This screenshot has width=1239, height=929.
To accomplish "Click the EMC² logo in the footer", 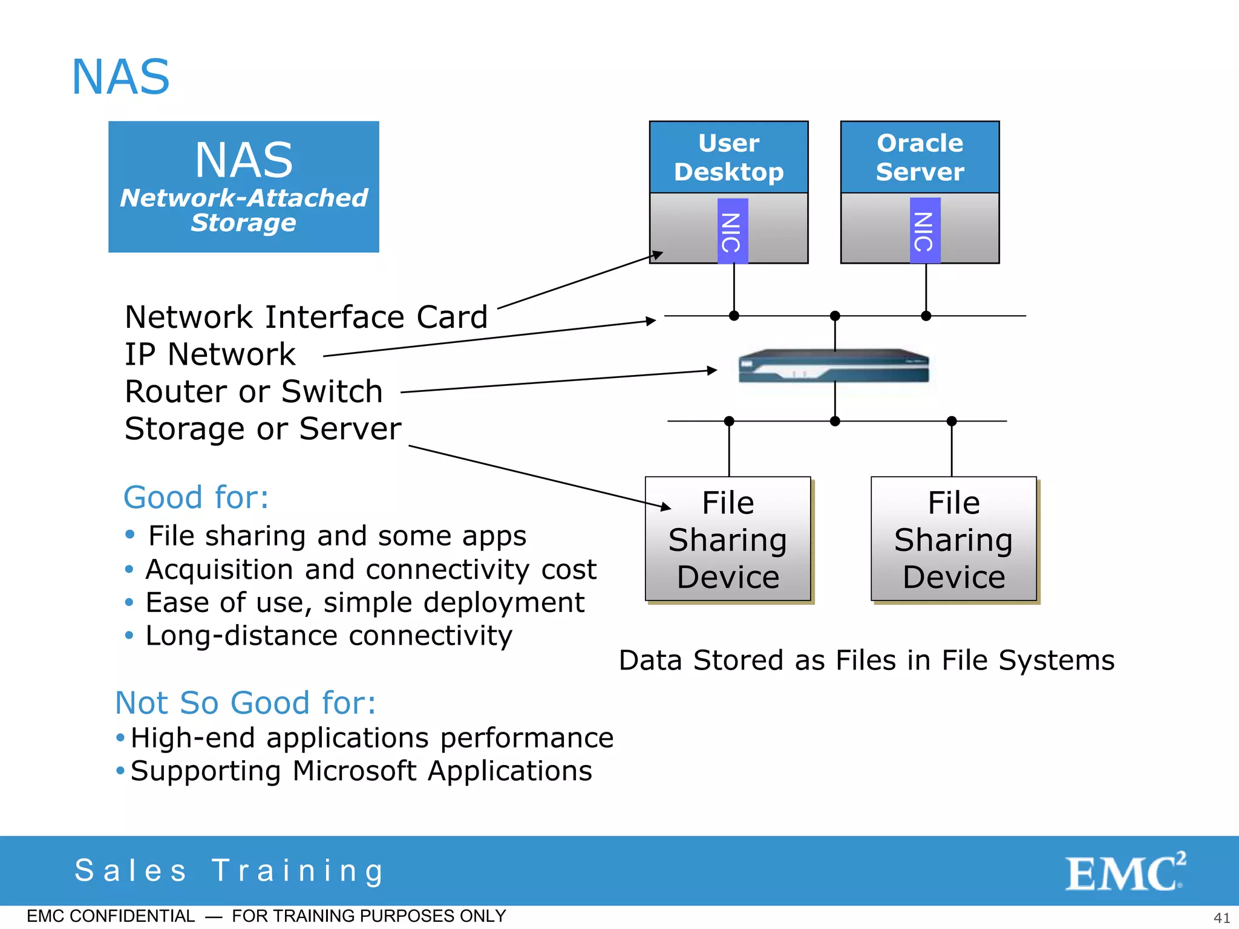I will pyautogui.click(x=1124, y=872).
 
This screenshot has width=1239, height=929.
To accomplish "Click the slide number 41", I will pyautogui.click(x=1221, y=918).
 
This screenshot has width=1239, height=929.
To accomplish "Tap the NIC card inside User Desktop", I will pyautogui.click(x=732, y=232).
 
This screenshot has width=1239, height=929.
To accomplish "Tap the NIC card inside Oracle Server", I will pyautogui.click(x=924, y=231).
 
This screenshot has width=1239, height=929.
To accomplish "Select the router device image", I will pyautogui.click(x=834, y=367).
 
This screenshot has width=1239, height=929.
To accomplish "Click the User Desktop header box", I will pyautogui.click(x=728, y=157).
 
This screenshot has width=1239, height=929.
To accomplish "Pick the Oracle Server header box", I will pyautogui.click(x=920, y=157).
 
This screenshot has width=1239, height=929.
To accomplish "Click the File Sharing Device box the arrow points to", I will pyautogui.click(x=728, y=539).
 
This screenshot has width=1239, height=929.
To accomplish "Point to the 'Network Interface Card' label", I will pyautogui.click(x=306, y=318).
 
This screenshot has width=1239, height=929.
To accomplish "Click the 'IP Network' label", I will pyautogui.click(x=210, y=354).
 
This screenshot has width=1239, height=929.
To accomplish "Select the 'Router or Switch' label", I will pyautogui.click(x=253, y=391).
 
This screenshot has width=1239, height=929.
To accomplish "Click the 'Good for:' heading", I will pyautogui.click(x=196, y=498).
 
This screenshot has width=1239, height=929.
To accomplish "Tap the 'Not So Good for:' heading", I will pyautogui.click(x=246, y=703).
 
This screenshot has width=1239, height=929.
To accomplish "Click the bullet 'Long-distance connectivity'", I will pyautogui.click(x=329, y=636).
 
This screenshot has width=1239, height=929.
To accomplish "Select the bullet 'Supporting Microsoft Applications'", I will pyautogui.click(x=361, y=771).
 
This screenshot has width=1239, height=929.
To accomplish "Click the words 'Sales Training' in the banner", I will pyautogui.click(x=229, y=871).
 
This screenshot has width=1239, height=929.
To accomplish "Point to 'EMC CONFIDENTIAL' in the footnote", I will pyautogui.click(x=111, y=916).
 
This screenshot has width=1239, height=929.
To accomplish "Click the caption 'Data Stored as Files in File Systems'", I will pyautogui.click(x=866, y=660).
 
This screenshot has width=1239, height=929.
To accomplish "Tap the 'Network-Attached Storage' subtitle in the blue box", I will pyautogui.click(x=244, y=210).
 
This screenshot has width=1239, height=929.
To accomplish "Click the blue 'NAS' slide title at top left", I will pyautogui.click(x=121, y=77).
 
